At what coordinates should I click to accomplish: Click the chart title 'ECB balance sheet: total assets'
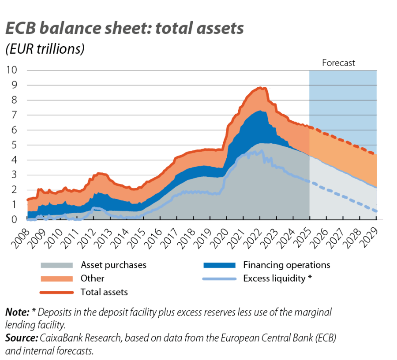pos(124,29)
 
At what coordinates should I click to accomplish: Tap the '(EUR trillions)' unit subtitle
pos(45,49)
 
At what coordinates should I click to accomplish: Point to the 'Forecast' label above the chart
pos(338,63)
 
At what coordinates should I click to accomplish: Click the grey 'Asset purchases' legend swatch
pos(56,265)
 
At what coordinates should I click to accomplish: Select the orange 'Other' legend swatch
pos(56,278)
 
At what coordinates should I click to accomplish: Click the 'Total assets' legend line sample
pos(56,292)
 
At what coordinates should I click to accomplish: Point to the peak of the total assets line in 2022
pos(262,88)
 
